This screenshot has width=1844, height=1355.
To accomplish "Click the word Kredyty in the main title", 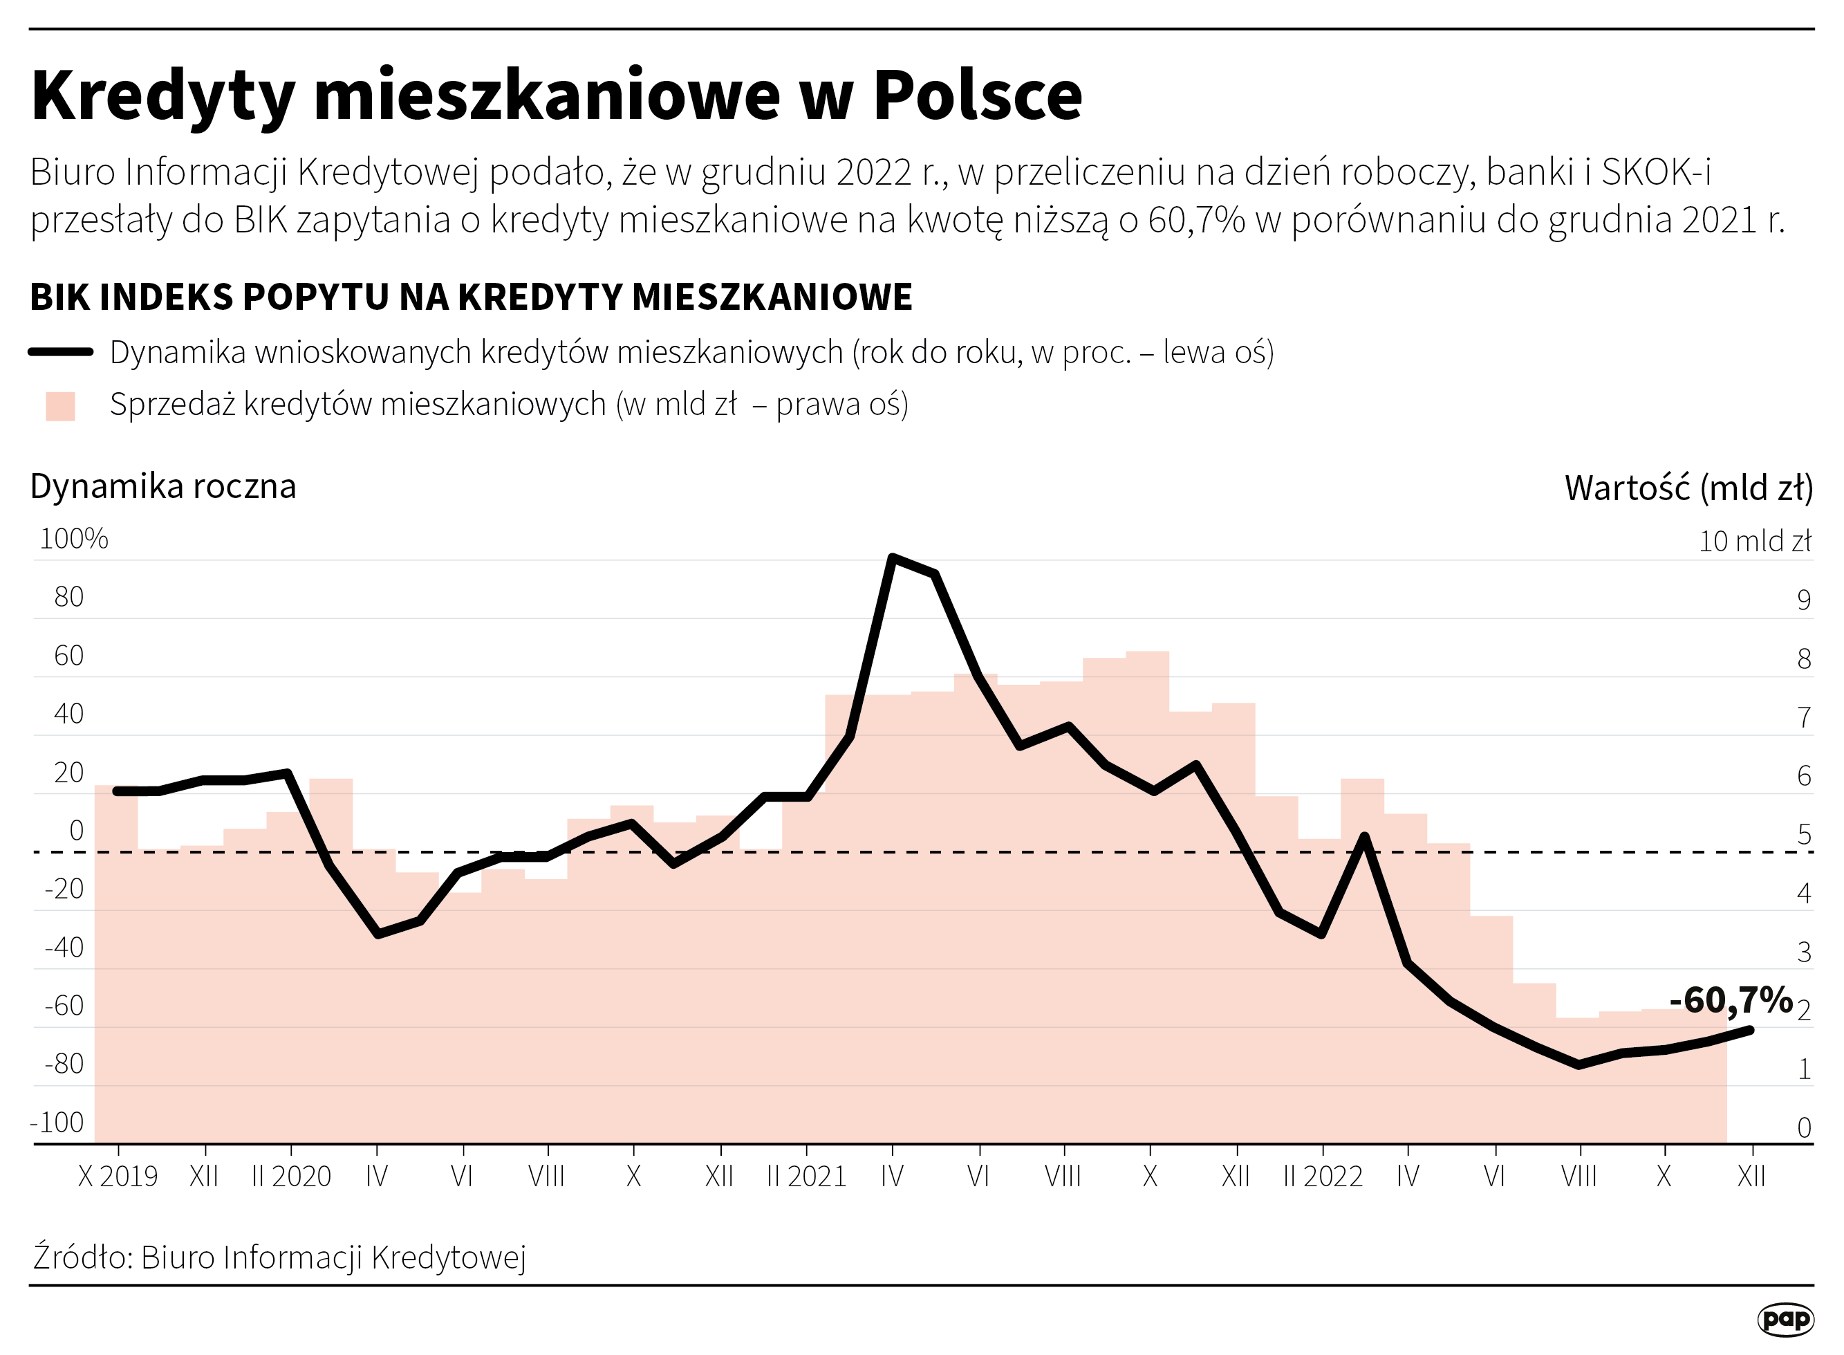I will click(x=162, y=97).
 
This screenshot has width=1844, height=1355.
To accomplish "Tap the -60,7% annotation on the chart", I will click(x=1730, y=1001).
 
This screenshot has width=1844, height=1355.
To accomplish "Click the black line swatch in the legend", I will click(x=61, y=352).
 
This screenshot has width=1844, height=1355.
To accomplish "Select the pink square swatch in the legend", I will click(x=61, y=406).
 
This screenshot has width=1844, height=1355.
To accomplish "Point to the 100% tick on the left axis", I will click(x=74, y=539).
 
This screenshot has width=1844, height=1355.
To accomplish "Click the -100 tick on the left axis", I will click(x=57, y=1122).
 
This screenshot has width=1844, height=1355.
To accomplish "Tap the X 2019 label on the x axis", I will click(x=118, y=1176).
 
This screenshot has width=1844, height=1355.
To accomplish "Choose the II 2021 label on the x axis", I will click(x=806, y=1176).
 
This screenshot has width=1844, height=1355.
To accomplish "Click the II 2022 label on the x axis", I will click(x=1323, y=1176).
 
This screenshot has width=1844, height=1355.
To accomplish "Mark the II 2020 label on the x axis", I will click(x=291, y=1176).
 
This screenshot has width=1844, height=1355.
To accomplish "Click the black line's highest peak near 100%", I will click(x=893, y=559).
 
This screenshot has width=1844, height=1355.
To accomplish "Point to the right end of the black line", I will click(x=1751, y=1030).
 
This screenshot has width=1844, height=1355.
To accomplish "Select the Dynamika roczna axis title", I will click(x=163, y=486).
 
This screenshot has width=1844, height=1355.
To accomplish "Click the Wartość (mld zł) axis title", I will click(x=1688, y=488).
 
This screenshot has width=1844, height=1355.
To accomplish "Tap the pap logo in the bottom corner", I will click(x=1785, y=1319).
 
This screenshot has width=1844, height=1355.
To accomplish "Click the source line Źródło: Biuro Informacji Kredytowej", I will click(x=279, y=1257).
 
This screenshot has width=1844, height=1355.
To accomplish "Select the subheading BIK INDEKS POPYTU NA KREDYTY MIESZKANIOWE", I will click(x=471, y=297).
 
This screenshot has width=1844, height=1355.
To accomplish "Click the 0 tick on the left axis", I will click(x=76, y=831).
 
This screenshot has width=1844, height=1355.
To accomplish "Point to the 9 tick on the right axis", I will click(x=1803, y=600).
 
